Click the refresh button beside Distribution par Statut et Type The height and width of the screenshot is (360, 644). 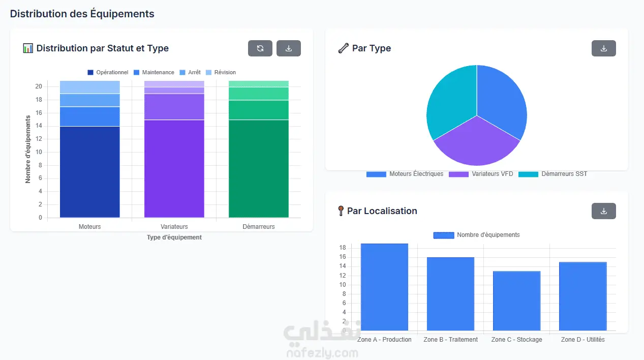[x=260, y=48]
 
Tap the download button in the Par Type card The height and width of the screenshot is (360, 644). [x=604, y=48]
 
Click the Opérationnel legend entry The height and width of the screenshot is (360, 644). [x=108, y=72]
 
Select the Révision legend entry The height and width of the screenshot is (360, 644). [x=221, y=72]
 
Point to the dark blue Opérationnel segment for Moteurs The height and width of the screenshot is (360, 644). [x=90, y=172]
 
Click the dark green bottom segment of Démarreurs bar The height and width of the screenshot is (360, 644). [x=258, y=169]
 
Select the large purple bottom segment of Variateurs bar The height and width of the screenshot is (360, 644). [x=174, y=169]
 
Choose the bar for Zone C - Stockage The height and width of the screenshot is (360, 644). [x=516, y=301]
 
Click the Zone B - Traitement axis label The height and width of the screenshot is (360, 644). [x=450, y=340]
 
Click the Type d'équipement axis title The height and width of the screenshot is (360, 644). [x=174, y=237]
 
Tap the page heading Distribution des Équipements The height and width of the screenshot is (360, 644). [x=82, y=14]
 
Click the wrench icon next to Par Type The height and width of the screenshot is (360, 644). [x=343, y=48]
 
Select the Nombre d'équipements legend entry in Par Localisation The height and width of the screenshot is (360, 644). [x=476, y=235]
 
